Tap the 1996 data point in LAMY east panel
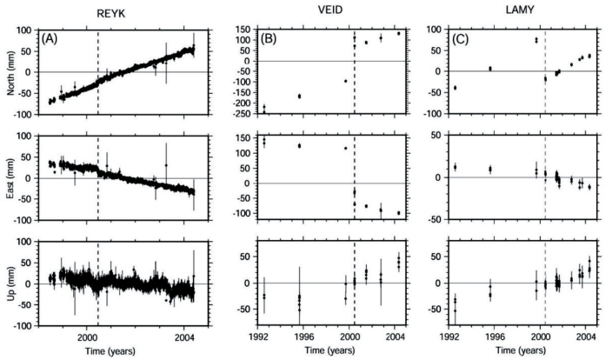[x=489, y=169]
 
